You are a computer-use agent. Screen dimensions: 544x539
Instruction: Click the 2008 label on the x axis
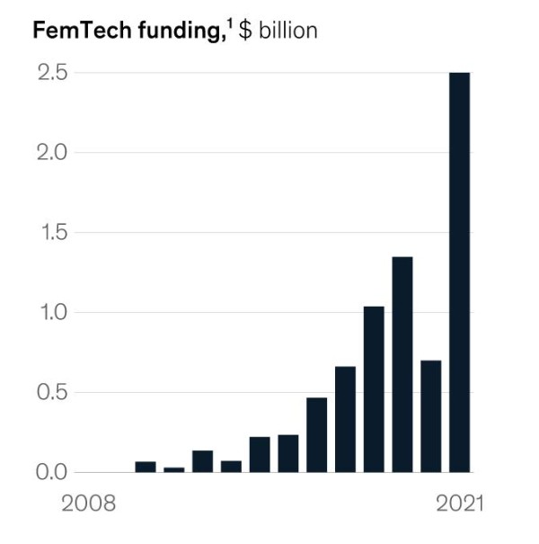click(x=88, y=504)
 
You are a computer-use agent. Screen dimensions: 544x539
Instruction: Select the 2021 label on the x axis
click(x=459, y=504)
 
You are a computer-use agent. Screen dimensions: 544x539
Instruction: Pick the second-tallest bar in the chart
click(x=402, y=364)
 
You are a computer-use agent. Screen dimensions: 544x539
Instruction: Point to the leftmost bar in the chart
click(x=146, y=467)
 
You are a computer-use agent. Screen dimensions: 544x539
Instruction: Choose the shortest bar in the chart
click(x=174, y=469)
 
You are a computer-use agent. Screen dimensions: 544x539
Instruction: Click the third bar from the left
click(x=202, y=461)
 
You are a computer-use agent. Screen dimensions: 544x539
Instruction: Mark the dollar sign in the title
click(x=244, y=30)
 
